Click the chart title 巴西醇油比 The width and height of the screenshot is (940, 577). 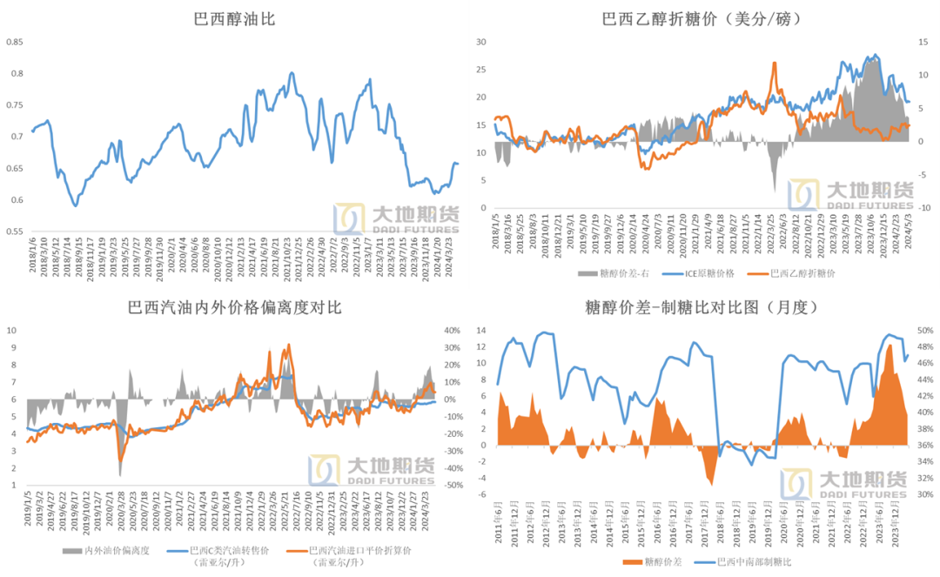point(234,17)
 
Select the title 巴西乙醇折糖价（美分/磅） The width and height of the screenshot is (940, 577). point(702,17)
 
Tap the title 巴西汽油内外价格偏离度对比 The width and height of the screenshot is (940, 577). point(234,308)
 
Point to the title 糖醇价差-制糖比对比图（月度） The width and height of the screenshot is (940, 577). point(702,308)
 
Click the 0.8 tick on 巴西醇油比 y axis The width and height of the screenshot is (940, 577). point(17,73)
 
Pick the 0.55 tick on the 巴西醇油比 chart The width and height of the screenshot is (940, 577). point(17,232)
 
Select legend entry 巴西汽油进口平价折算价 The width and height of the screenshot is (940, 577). point(360,551)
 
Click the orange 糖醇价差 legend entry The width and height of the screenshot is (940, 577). point(666,563)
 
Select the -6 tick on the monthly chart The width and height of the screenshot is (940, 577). point(480,494)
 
